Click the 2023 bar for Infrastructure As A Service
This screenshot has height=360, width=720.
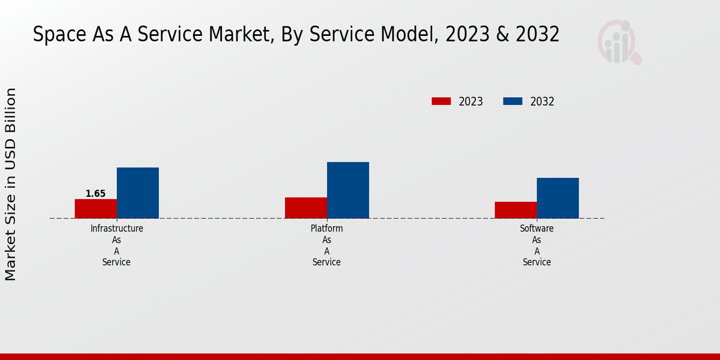pos(95,208)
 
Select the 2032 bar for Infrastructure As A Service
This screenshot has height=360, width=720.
pos(137,193)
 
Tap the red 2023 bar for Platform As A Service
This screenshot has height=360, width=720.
pos(306,208)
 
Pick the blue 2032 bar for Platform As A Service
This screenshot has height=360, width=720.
pos(348,190)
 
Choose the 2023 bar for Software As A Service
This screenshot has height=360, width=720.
pos(516,210)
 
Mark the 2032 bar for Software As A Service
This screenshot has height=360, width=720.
pos(558,198)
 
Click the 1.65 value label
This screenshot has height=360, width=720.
pos(95,194)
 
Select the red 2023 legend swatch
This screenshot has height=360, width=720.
pos(441,101)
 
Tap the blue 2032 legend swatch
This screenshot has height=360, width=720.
pos(512,101)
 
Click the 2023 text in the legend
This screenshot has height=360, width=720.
pos(471,101)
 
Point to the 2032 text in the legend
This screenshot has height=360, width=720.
pos(542,101)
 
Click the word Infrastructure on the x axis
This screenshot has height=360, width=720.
pos(116,229)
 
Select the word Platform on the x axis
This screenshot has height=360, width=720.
pos(327,229)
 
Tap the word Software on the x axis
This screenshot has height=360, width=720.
pos(537,229)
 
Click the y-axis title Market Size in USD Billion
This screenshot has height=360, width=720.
pos(11,184)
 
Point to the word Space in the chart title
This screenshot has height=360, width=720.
pos(58,35)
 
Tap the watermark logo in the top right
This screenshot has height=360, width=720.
pos(619,42)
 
